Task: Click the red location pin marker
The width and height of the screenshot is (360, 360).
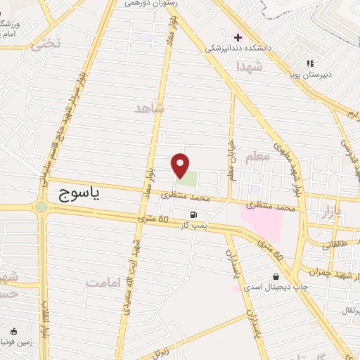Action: pyautogui.click(x=180, y=166)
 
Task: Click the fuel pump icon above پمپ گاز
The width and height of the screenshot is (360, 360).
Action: pyautogui.click(x=193, y=215)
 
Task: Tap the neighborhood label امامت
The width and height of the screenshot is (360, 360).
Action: pyautogui.click(x=103, y=282)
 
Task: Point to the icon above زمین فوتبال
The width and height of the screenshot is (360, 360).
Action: pyautogui.click(x=15, y=330)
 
